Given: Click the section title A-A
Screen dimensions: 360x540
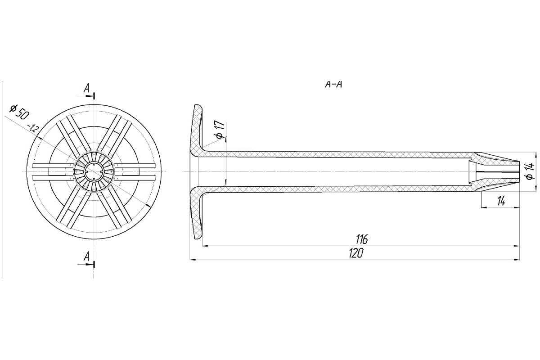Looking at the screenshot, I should coord(334,84).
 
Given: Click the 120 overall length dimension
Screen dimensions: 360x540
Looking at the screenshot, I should coord(355,253).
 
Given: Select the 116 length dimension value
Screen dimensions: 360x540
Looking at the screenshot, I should coord(361,239).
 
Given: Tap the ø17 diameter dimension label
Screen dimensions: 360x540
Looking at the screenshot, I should coord(220,131).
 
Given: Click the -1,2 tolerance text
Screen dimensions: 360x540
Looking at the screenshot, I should coord(33,128).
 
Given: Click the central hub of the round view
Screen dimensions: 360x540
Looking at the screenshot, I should coord(94,172).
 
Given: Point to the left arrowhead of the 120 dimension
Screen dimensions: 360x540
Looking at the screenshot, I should coord(192,260).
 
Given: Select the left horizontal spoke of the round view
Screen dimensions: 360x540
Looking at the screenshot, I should coord(52,172).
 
